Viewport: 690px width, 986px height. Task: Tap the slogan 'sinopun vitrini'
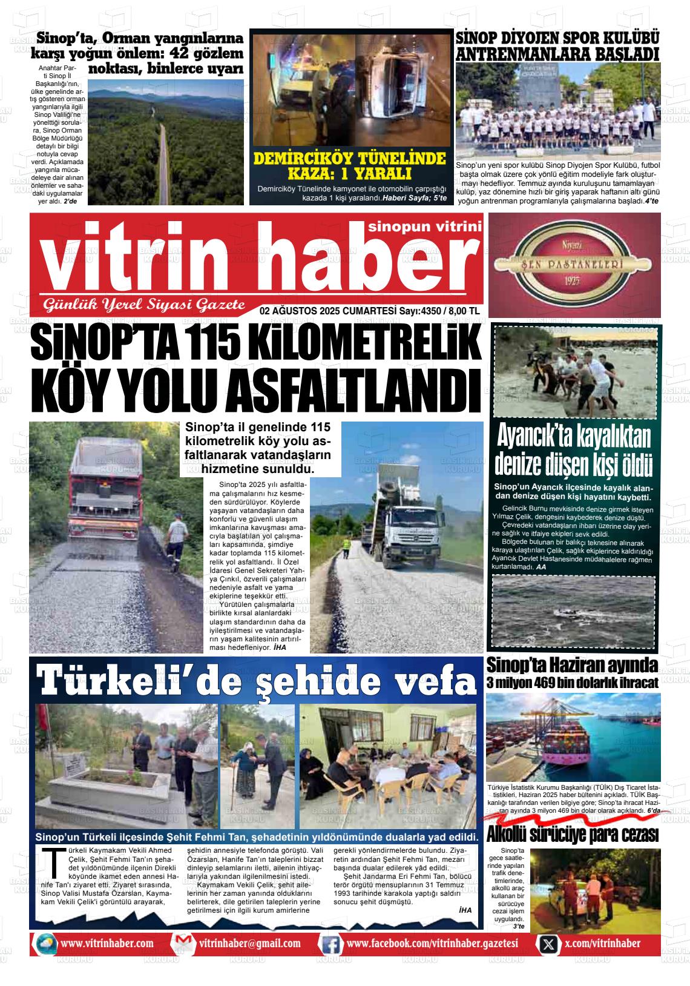point(424,226)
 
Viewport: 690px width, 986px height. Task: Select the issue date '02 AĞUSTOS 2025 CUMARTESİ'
point(327,311)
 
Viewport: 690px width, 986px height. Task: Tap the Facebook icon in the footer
point(330,944)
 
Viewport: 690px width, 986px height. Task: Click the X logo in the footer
point(548,944)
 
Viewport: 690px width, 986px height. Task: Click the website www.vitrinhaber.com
point(107,944)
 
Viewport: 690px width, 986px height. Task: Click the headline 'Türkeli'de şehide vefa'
point(257,680)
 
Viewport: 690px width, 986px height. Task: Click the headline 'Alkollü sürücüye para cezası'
point(572,835)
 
